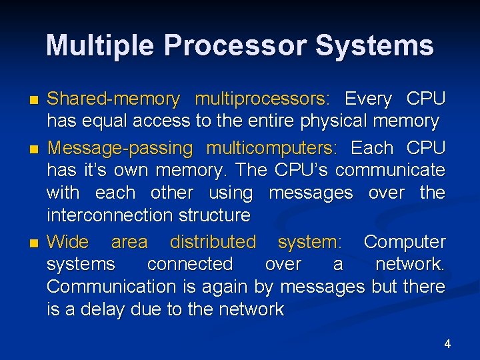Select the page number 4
tap(447, 344)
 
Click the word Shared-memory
tap(113, 99)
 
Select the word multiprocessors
tap(261, 99)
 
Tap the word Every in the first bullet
tap(368, 99)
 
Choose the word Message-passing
tap(121, 147)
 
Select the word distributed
tap(213, 241)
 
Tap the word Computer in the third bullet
tap(405, 241)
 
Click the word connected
tap(190, 264)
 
